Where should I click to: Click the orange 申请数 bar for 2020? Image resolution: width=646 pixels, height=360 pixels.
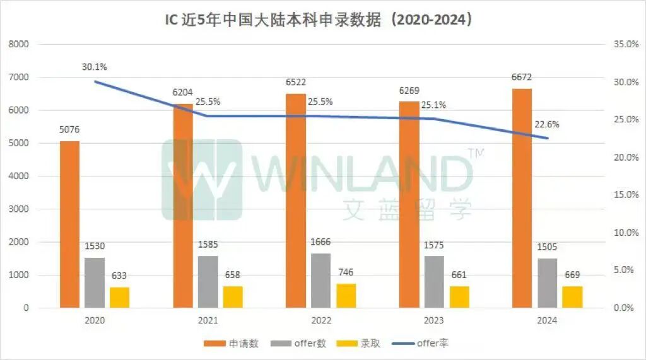coord(69,224)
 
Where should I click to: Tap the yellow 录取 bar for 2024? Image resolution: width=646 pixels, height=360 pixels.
coord(572,297)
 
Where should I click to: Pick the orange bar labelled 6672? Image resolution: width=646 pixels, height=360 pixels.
coord(522,198)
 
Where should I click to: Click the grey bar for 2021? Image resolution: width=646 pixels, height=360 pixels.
coord(208,282)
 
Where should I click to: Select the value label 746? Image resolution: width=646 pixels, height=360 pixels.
coord(345,272)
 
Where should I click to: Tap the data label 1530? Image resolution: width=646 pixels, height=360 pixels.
coord(95,246)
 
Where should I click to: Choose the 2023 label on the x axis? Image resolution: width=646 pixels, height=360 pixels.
coord(434,321)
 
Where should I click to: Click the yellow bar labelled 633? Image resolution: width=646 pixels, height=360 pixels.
coord(119,298)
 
